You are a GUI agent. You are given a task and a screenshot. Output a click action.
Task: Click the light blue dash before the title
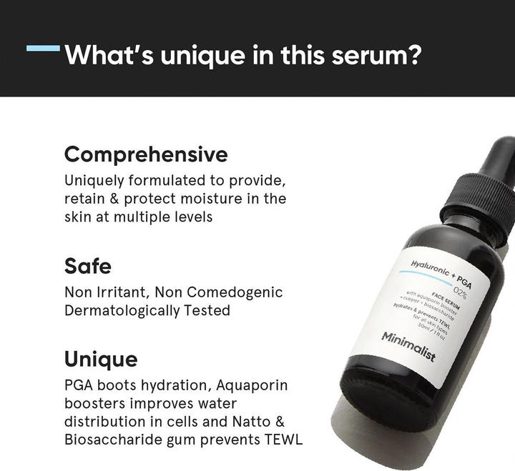point(43,49)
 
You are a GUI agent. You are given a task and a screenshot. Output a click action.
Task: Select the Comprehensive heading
point(146,154)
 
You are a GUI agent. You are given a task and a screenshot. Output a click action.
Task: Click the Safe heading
point(88,266)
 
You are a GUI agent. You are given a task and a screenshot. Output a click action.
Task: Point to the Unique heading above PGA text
point(101,358)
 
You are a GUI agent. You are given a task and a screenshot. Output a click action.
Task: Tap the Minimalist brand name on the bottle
point(408,346)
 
